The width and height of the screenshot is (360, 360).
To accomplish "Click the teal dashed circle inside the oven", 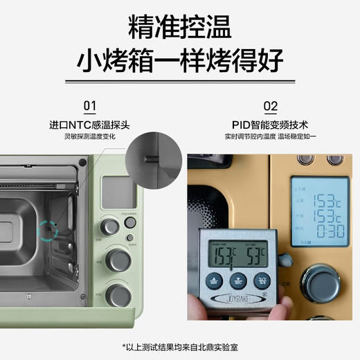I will (47, 229).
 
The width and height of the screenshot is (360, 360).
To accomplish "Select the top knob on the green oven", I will (109, 226).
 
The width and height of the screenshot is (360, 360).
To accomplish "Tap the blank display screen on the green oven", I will (114, 191).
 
